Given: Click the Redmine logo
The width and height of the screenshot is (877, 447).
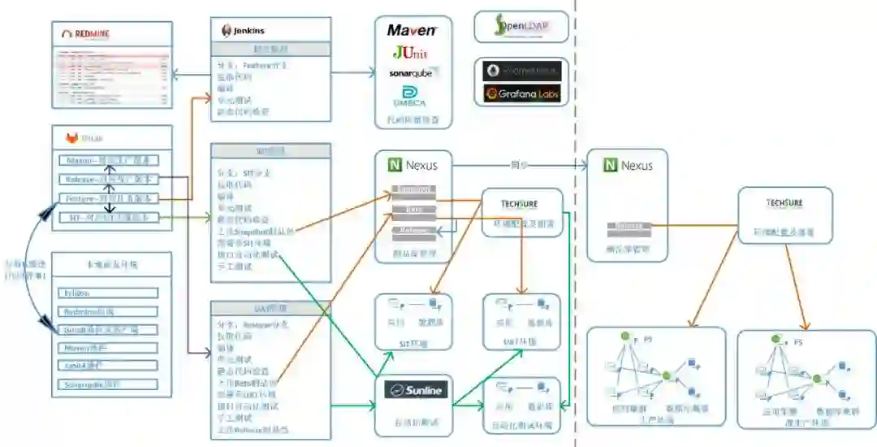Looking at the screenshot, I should click(x=86, y=34).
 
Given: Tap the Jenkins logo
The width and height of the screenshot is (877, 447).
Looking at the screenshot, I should click(x=244, y=31).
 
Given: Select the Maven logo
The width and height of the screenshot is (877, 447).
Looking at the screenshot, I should click(x=413, y=30).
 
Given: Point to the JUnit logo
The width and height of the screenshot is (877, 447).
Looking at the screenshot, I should click(x=410, y=53).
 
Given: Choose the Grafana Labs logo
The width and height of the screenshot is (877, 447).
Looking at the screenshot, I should click(x=522, y=93).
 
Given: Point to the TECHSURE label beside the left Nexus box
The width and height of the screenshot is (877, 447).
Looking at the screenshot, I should click(x=521, y=203).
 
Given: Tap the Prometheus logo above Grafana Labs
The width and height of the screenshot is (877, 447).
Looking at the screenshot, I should click(x=522, y=72).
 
